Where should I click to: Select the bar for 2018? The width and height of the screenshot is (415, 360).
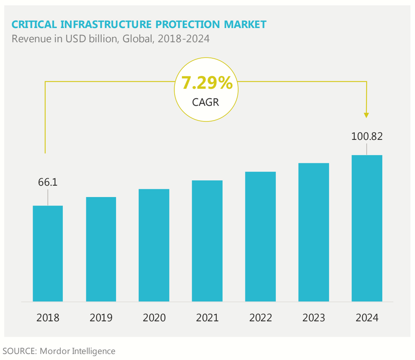point(48,253)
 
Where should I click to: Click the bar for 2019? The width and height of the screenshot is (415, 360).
point(101,249)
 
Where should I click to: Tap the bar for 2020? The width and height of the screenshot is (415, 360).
point(154,245)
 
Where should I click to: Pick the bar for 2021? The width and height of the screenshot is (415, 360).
point(207,241)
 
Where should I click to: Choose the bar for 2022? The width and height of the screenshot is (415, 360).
point(260,237)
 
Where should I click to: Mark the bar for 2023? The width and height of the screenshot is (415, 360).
point(313,232)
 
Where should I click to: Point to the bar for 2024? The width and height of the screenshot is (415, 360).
point(367,228)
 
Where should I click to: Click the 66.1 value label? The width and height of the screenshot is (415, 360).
point(48,182)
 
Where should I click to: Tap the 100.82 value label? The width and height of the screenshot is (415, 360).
point(367,136)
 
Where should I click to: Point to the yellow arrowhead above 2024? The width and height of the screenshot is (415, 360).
point(366,115)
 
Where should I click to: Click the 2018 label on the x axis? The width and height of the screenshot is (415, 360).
point(48,318)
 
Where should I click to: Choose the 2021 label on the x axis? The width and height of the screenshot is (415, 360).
point(207,318)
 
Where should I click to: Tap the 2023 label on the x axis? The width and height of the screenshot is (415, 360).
point(313,318)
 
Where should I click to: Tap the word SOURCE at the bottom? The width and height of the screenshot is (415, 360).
point(19,351)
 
